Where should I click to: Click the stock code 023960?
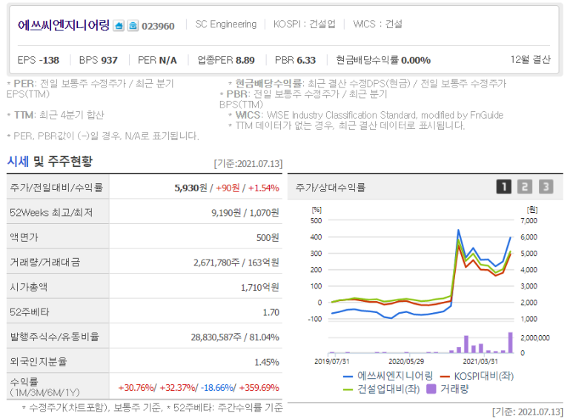pos(158,26)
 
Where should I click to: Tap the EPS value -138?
pos(50,59)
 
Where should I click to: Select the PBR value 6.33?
pos(306,59)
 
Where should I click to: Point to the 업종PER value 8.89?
pos(245,59)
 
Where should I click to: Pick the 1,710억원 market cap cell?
pos(259,286)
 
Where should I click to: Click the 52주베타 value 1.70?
pos(271,311)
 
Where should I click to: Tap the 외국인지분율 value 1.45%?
pos(266,362)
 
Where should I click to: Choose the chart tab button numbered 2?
pos(524,187)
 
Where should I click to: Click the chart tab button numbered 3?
pos(546,187)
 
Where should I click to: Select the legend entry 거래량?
pos(454,388)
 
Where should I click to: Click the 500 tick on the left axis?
pos(316,220)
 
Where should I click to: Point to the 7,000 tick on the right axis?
pos(528,220)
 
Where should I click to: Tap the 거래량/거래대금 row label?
pos(44,262)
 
